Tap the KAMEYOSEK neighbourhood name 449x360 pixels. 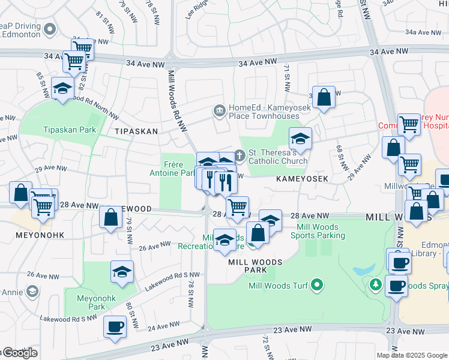[x=302, y=179]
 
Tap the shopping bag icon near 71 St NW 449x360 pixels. [x=323, y=97]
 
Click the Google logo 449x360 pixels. [x=20, y=353]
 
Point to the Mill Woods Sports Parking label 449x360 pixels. [x=321, y=232]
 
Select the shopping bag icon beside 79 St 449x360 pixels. [x=111, y=218]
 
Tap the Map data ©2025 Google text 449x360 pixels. [x=412, y=355]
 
